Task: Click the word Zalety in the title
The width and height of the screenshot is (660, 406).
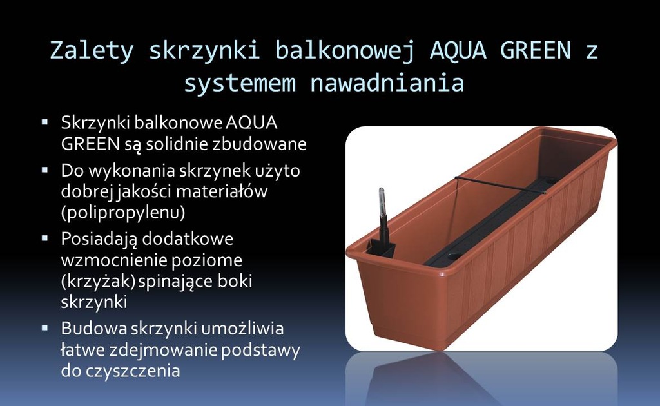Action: coord(92,50)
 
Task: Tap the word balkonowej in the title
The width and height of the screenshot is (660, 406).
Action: coord(345,51)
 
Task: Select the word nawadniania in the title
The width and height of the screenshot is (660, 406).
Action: coord(387,82)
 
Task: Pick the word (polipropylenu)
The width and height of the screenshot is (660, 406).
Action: coord(123,213)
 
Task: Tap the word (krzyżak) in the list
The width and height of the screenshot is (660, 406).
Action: coord(98,281)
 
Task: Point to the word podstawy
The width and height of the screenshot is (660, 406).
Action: coord(260,350)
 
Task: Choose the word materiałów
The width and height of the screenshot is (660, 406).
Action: coord(222,191)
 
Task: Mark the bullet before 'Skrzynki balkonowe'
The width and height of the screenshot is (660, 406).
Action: coord(45,122)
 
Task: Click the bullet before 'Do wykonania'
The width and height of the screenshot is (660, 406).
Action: coord(45,170)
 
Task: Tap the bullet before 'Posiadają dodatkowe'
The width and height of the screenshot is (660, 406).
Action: coord(45,238)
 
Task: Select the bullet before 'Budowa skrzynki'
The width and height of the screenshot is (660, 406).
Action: coord(45,328)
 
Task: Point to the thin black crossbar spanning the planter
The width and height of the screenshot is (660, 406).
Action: coord(500,184)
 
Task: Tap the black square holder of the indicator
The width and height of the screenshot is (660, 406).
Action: coord(381,248)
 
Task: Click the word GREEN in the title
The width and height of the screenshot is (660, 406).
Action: coord(535,50)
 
